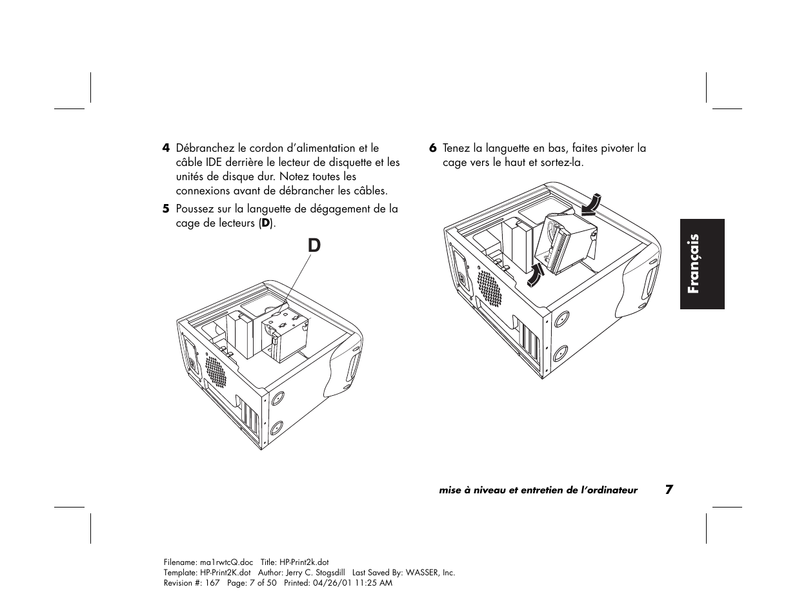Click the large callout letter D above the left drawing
[314, 246]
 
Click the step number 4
[166, 148]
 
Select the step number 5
[166, 209]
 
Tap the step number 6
[433, 148]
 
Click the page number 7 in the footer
[669, 489]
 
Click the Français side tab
[701, 263]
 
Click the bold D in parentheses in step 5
[265, 224]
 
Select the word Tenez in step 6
[456, 148]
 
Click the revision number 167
[213, 582]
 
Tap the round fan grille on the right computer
[489, 287]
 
